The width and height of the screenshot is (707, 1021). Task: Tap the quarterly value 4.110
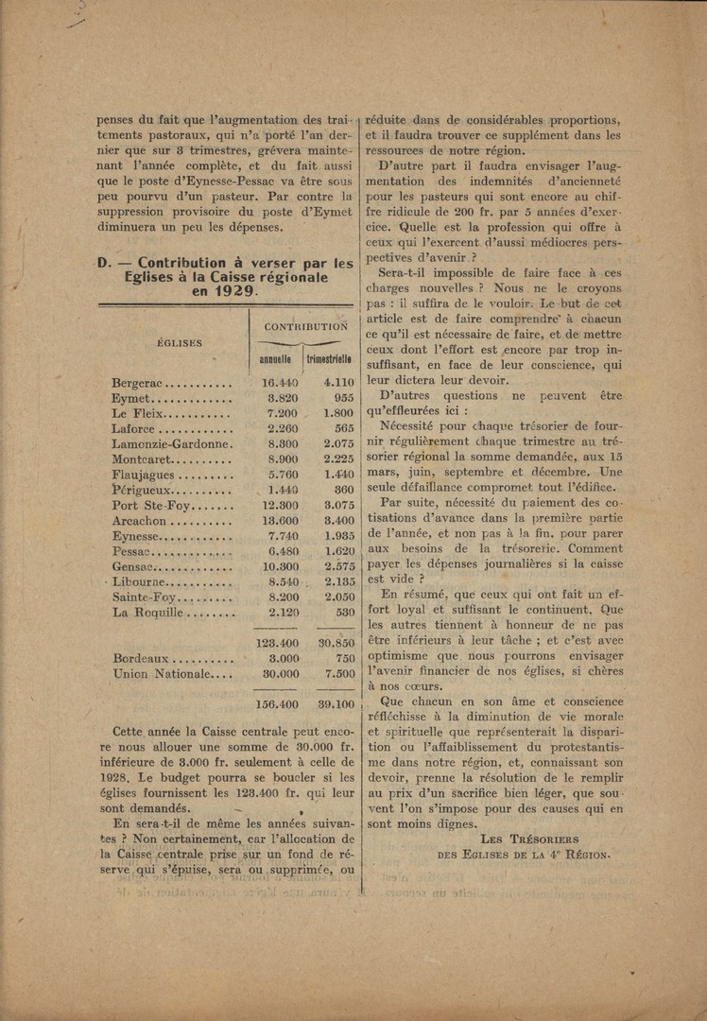pos(338,384)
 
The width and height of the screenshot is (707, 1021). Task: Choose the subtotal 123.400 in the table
pos(278,643)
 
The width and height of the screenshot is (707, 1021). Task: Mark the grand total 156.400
pos(278,704)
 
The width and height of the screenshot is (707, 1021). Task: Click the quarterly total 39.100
pos(336,704)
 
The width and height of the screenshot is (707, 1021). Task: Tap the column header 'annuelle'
pos(275,360)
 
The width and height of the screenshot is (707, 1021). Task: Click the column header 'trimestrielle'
pos(330,360)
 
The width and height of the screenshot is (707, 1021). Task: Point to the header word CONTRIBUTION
pos(306,326)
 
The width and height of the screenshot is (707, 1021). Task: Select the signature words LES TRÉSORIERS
pos(529,839)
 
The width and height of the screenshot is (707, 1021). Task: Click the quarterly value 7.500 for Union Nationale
pos(338,674)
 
